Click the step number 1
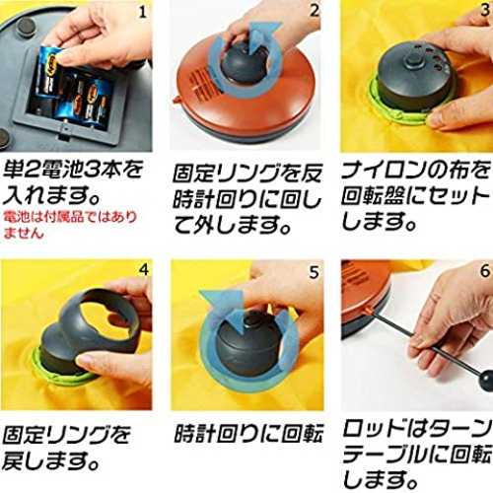[x=142, y=12]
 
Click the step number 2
[x=315, y=11]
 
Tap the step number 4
[x=144, y=269]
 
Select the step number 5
[x=314, y=272]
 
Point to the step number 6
[x=485, y=271]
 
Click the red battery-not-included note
[x=70, y=225]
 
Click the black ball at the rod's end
[x=486, y=381]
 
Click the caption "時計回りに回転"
[x=248, y=433]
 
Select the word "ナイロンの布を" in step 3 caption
[x=416, y=171]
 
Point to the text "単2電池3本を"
[x=73, y=170]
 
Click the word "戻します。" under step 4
[x=51, y=460]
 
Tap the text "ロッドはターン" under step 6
[x=417, y=429]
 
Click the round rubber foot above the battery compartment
[x=26, y=25]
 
